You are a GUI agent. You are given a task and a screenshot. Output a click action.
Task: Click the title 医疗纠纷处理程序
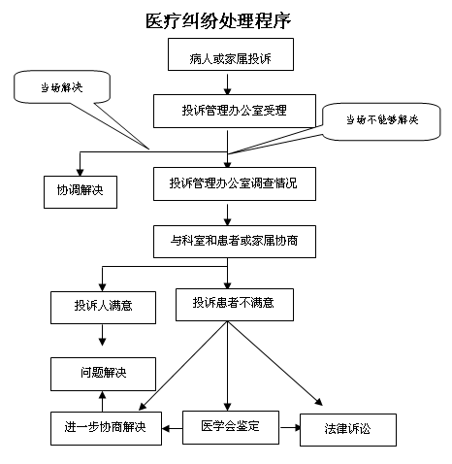click(218, 20)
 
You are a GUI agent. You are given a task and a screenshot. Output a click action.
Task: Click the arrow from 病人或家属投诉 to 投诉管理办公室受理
click(227, 84)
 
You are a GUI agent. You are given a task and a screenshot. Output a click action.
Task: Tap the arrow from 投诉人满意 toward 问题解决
click(102, 335)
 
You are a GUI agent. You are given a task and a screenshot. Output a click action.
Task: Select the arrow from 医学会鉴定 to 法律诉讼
click(290, 428)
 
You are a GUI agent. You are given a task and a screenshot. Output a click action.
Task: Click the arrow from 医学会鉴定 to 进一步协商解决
click(173, 429)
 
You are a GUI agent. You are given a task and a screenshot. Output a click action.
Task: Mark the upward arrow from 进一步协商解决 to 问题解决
click(102, 401)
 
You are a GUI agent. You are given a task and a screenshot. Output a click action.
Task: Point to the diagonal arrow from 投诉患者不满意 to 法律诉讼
click(274, 363)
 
